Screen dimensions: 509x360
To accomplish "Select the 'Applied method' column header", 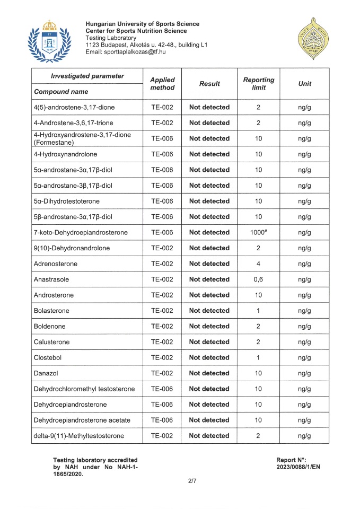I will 162,83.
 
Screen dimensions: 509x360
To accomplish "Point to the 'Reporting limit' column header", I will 258,83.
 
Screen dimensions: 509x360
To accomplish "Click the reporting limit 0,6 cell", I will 258,279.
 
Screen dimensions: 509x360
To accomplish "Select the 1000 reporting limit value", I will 258,232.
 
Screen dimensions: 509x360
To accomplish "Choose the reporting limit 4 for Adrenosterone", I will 258,264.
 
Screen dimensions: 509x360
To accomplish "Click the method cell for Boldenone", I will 162,326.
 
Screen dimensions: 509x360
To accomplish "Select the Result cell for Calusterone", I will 209,341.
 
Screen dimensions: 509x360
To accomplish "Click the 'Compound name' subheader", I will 61,91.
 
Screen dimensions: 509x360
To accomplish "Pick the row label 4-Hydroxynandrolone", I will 66,154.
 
